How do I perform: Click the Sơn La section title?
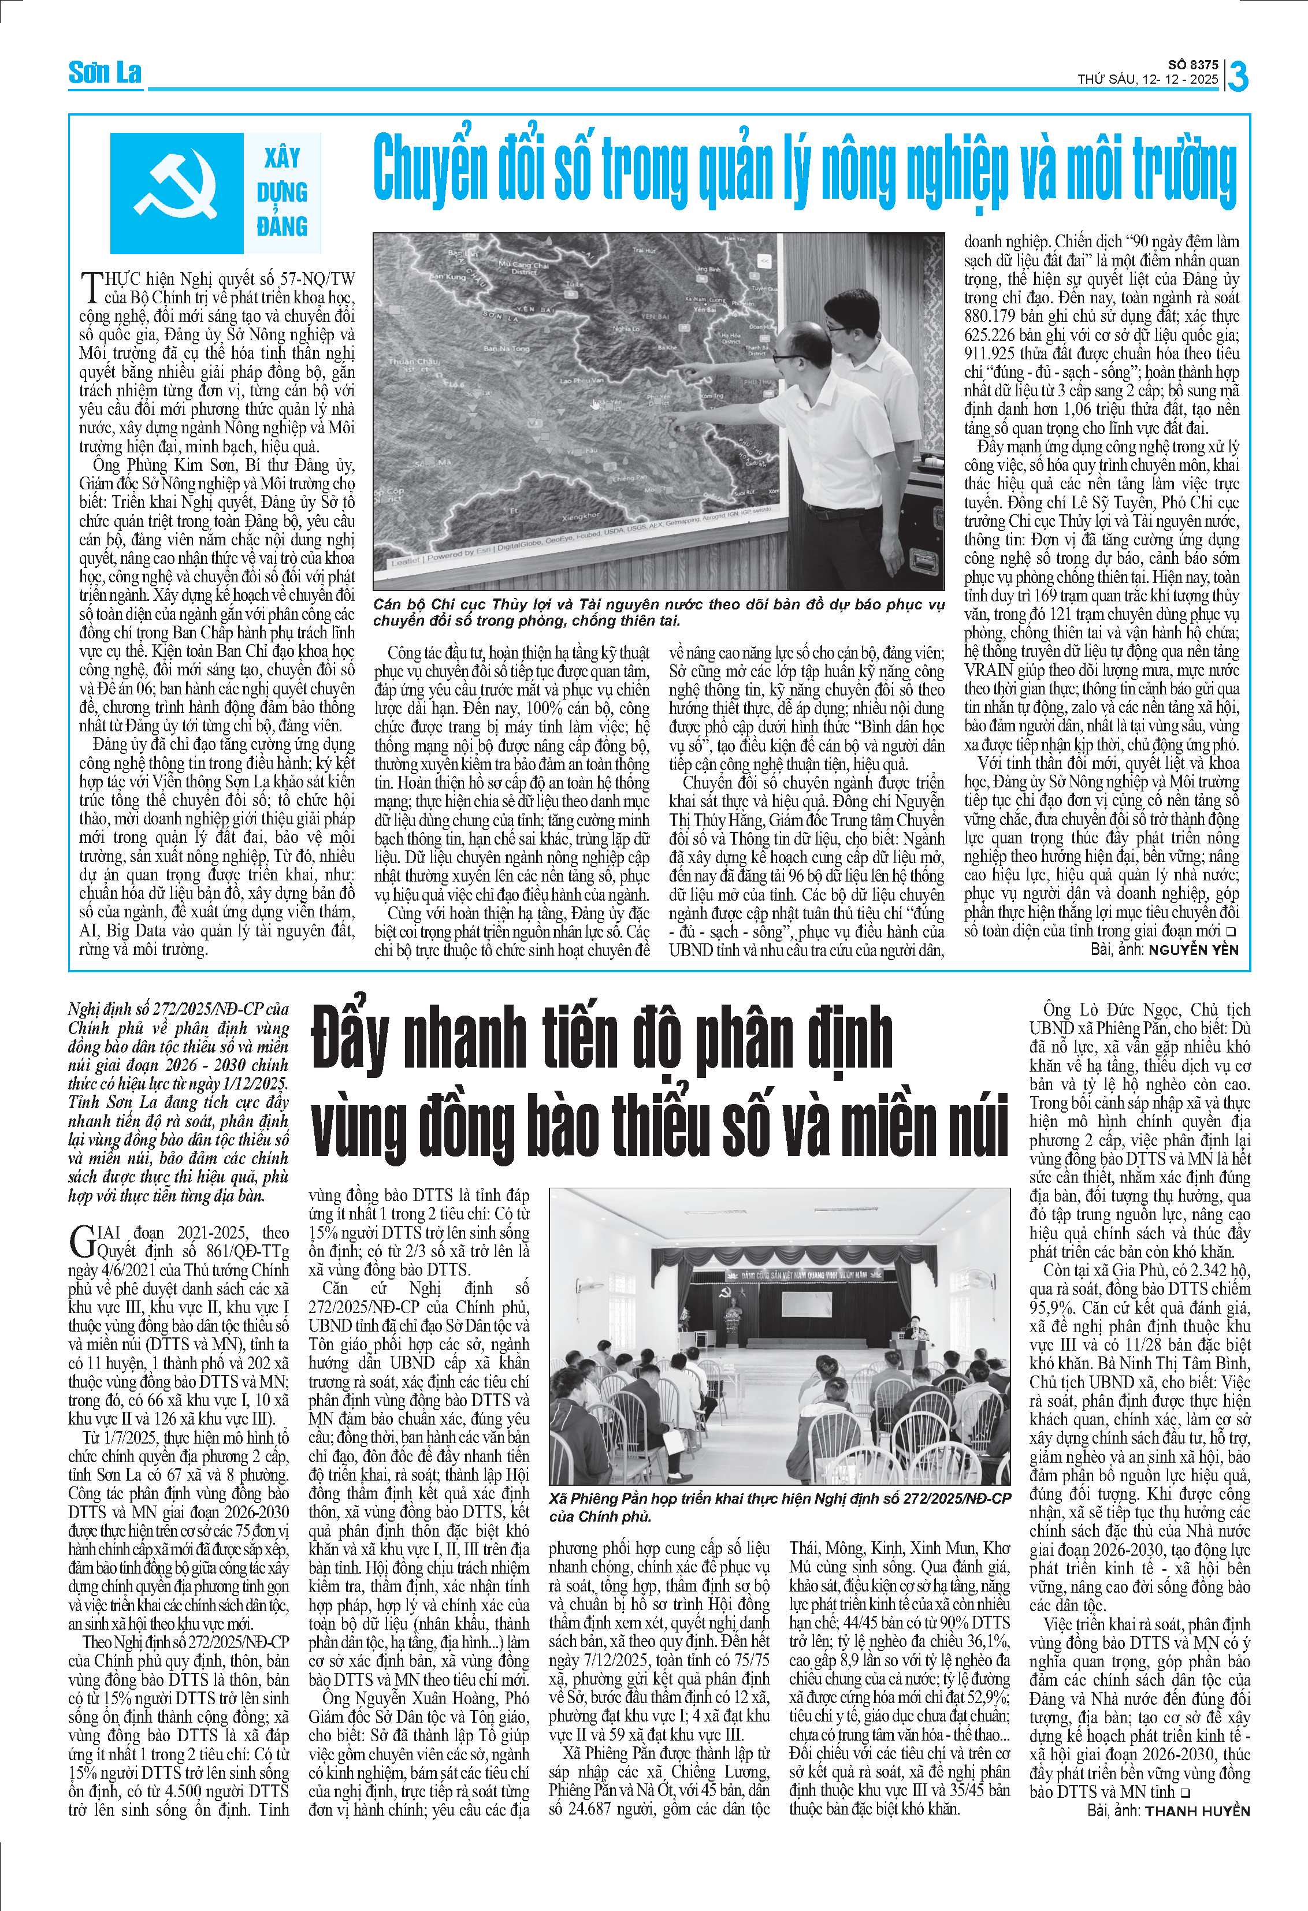(105, 73)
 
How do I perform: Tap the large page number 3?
(1238, 76)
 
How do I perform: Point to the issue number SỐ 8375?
(1193, 64)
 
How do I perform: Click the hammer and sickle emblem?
(177, 192)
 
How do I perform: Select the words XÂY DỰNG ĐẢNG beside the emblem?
(282, 192)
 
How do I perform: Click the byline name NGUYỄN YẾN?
(1193, 950)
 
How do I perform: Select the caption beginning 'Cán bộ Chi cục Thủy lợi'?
(657, 612)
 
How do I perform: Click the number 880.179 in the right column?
(991, 317)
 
